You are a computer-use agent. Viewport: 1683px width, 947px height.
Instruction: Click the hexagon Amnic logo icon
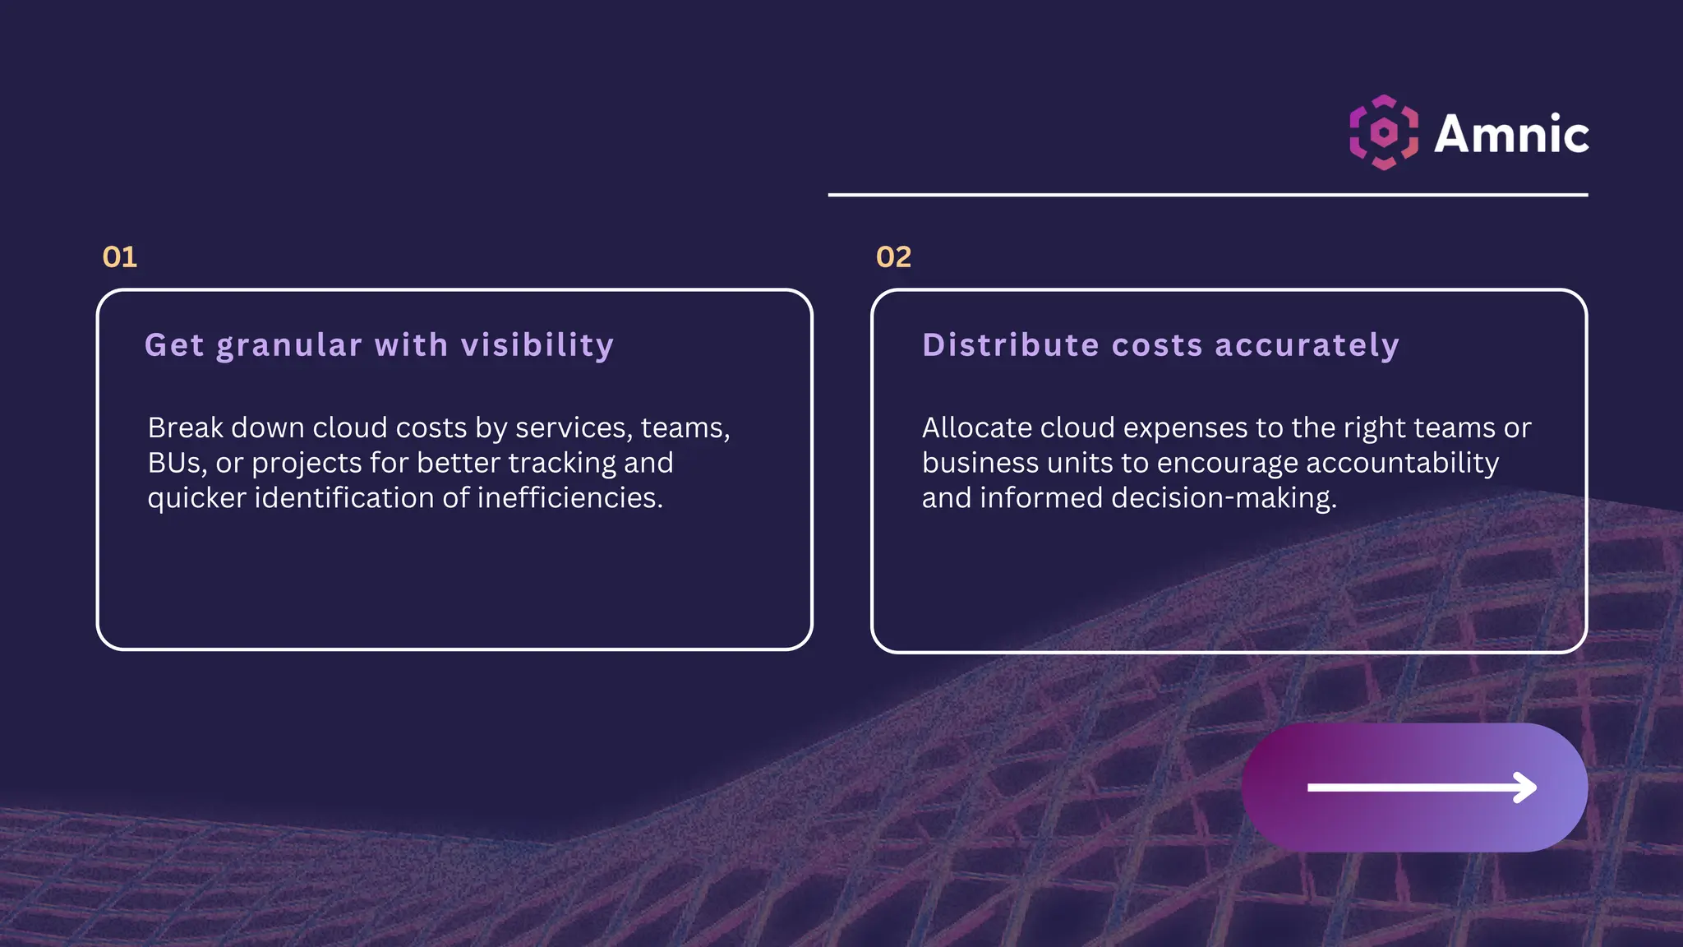pos(1384,132)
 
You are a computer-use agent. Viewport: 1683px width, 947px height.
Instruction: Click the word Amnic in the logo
pos(1511,134)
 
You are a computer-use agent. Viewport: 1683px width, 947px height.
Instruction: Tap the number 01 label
pos(120,257)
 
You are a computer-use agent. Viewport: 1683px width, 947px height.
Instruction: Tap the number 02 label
pos(893,257)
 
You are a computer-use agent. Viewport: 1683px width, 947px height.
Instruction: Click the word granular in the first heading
pos(289,346)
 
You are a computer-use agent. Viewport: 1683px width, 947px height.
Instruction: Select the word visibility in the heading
pos(537,346)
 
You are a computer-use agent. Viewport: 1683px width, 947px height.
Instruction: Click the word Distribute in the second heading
pos(1010,345)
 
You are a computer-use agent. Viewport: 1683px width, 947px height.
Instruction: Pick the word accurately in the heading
pos(1307,346)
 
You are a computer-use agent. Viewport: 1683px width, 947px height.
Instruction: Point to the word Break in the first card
pos(185,427)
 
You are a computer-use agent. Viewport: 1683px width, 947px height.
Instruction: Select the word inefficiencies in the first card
pos(569,498)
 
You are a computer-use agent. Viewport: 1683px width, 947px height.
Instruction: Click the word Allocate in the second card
pos(976,427)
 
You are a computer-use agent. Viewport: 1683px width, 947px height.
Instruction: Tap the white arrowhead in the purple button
pos(1525,787)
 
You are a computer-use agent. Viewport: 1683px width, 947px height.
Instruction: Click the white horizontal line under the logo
pos(1207,195)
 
